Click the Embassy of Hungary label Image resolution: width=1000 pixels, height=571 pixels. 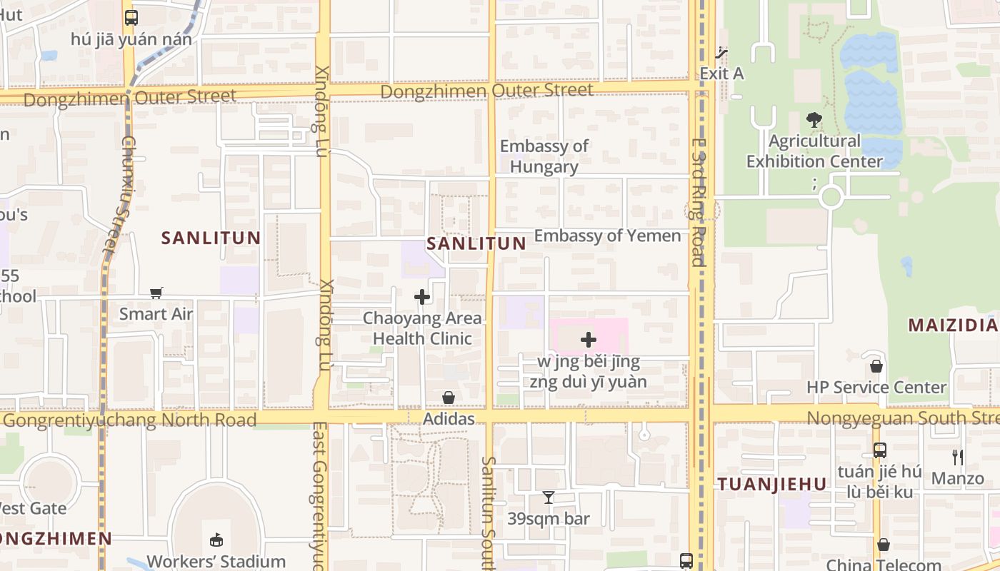tap(544, 156)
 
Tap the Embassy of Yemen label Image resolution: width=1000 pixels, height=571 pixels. tap(607, 236)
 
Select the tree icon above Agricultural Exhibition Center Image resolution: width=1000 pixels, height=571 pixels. tap(814, 119)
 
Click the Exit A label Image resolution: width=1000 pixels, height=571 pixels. tap(721, 73)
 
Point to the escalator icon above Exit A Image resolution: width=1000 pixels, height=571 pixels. tap(722, 52)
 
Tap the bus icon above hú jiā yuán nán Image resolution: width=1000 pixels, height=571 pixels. tap(131, 18)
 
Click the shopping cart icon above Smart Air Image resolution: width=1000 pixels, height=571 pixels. tap(156, 293)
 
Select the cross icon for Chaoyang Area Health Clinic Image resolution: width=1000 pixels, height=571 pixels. tap(422, 297)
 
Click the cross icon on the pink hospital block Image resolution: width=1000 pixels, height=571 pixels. tap(589, 340)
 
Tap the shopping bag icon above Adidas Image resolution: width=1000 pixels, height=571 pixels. tap(449, 398)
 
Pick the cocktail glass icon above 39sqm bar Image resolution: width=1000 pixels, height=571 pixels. tap(549, 497)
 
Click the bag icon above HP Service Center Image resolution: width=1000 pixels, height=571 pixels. tap(876, 366)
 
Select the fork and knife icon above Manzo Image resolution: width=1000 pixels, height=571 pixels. tap(957, 457)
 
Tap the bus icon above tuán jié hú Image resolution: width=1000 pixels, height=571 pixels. tap(879, 450)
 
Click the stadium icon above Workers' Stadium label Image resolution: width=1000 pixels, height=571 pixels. tap(216, 540)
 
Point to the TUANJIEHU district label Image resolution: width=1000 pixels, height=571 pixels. tap(772, 485)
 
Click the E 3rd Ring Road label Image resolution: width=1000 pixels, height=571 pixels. tap(698, 202)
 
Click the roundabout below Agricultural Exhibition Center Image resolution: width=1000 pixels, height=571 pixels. tap(831, 197)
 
